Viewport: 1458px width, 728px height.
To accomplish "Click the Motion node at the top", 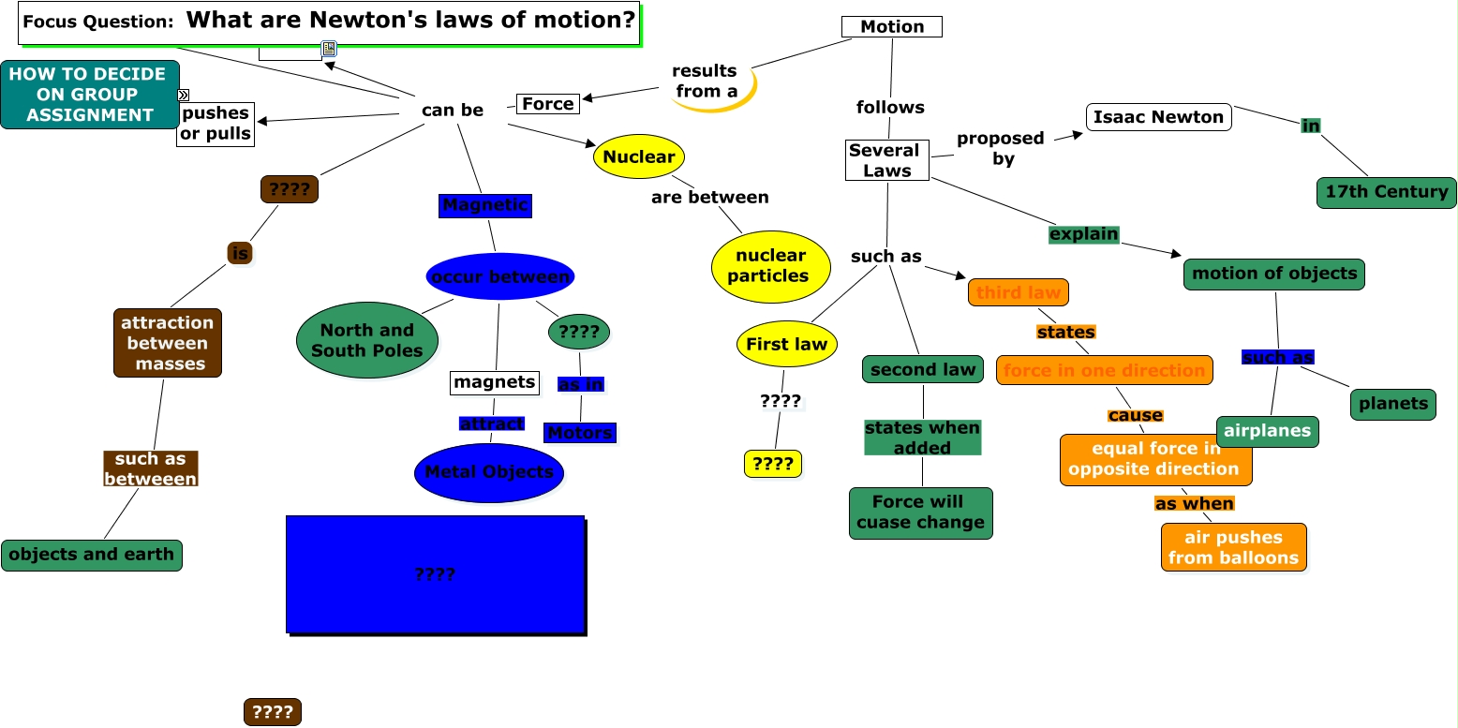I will click(891, 27).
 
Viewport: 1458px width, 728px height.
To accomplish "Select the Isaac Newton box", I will click(1159, 117).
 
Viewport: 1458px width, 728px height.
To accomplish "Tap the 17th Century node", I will click(1386, 192).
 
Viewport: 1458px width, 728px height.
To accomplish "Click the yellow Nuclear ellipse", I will click(639, 156).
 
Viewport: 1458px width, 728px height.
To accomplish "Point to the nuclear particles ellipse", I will click(771, 266).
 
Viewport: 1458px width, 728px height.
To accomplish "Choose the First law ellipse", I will click(786, 344).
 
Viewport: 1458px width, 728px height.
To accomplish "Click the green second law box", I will click(923, 369).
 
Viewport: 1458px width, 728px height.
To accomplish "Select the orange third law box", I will click(1018, 292).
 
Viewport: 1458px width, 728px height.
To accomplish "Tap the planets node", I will click(1392, 404).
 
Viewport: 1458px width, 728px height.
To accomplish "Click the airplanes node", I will click(1268, 432).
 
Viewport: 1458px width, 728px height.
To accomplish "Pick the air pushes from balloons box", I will click(1233, 547).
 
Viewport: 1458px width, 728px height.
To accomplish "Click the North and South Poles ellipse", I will click(367, 340).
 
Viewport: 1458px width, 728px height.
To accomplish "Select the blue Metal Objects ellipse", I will click(489, 472).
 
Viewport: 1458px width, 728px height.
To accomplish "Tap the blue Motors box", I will click(580, 433).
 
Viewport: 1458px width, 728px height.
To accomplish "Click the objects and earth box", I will click(91, 555).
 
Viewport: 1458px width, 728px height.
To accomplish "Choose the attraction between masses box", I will click(168, 343).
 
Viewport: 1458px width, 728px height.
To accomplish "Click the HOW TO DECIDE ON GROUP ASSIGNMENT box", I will click(88, 95).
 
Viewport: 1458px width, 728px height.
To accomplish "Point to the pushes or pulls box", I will click(216, 124).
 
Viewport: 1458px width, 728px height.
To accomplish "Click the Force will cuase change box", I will click(920, 513).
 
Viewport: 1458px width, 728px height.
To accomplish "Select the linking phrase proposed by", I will click(1000, 148).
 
